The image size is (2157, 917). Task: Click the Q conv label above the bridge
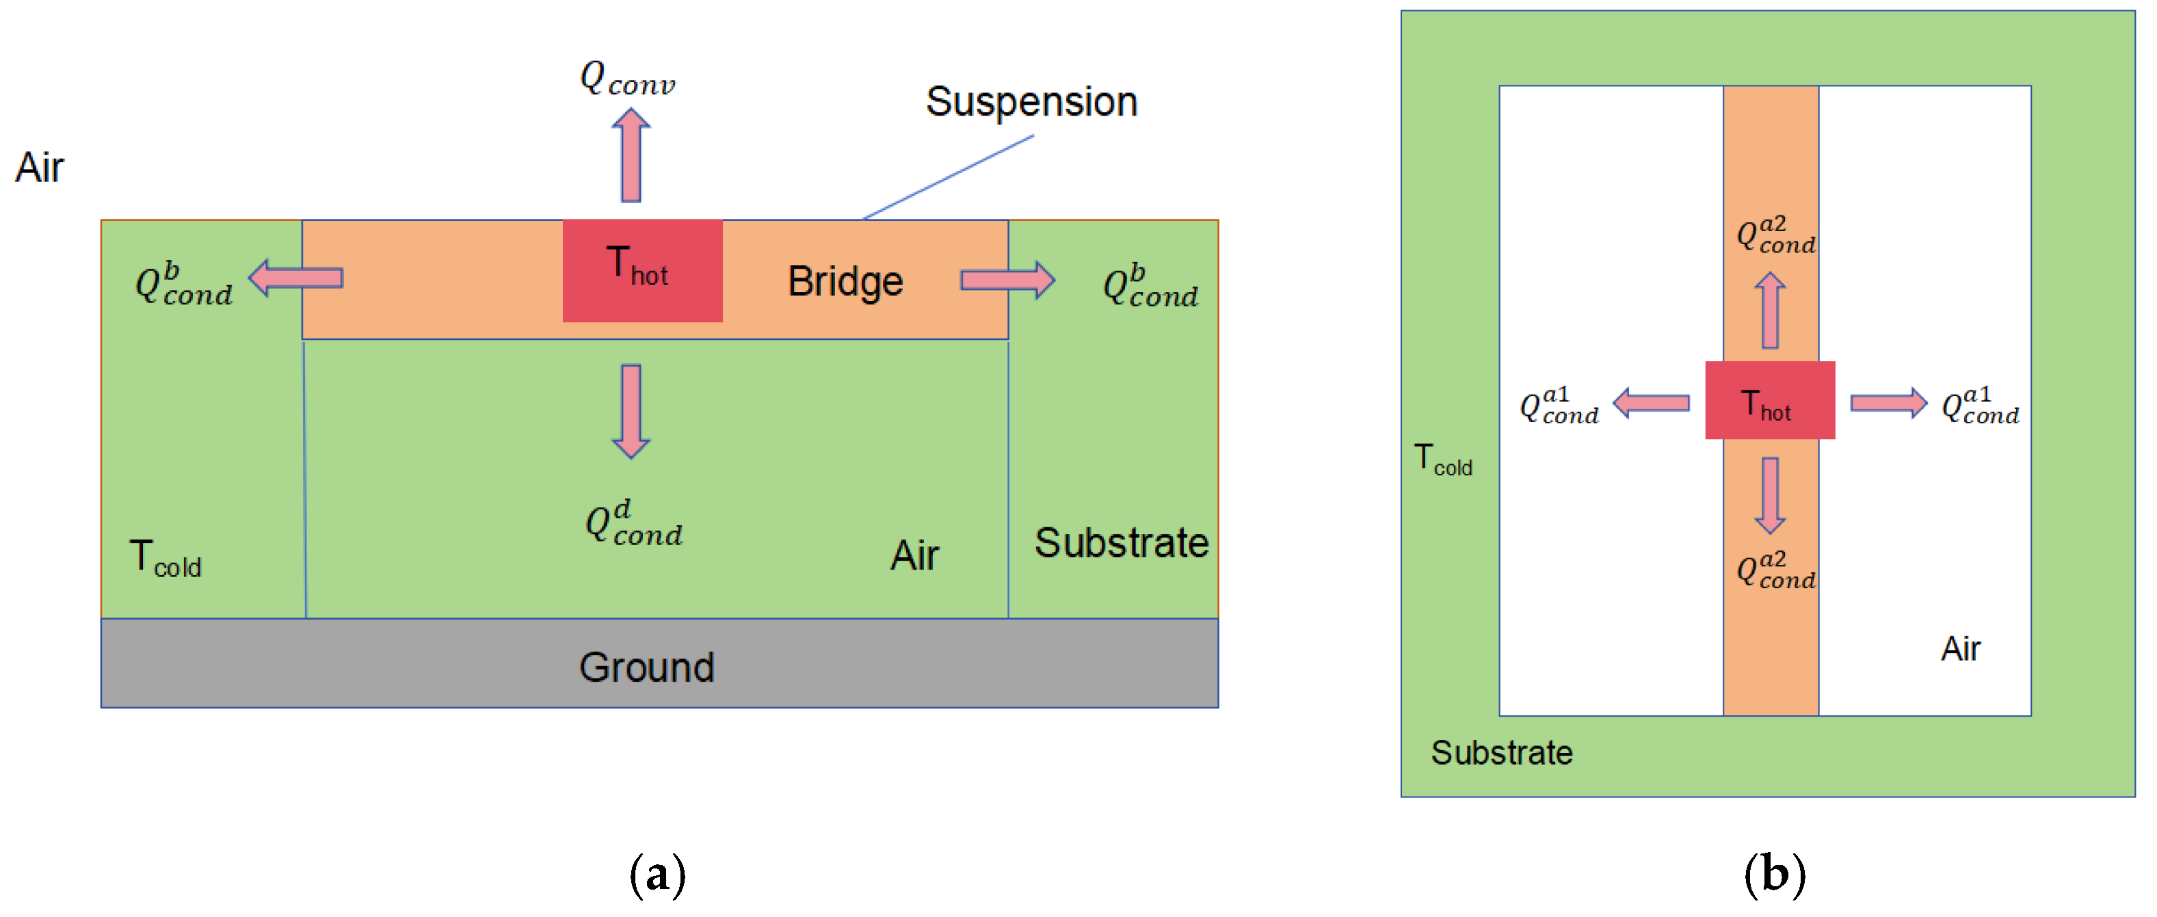627,79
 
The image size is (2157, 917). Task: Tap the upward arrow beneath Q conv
631,155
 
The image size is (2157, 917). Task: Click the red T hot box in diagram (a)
642,271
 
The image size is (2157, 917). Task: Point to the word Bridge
845,281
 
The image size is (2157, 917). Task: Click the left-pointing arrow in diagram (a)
295,278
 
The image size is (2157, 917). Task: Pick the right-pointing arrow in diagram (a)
1007,280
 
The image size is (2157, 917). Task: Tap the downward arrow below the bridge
631,411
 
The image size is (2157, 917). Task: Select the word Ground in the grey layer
646,667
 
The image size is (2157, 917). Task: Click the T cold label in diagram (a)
165,558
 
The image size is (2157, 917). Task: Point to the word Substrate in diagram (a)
1121,543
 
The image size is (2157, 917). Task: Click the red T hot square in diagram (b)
1770,400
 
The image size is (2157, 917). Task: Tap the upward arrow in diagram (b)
1770,310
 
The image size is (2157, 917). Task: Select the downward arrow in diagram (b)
1770,496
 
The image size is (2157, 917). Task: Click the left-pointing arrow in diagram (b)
1651,403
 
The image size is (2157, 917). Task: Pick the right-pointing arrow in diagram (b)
1889,403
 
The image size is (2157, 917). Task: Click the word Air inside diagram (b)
1960,649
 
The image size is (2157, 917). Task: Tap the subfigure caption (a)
657,875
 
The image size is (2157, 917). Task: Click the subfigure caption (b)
1774,875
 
